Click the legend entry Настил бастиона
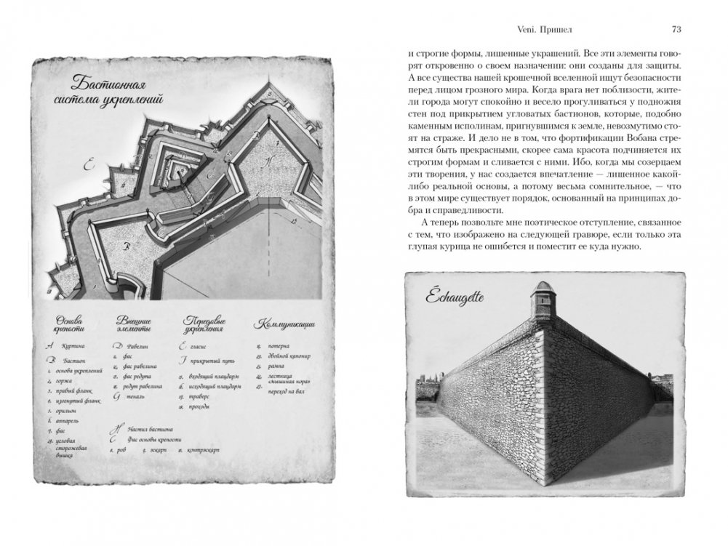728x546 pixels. [145, 429]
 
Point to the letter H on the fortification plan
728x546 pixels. [270, 162]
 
